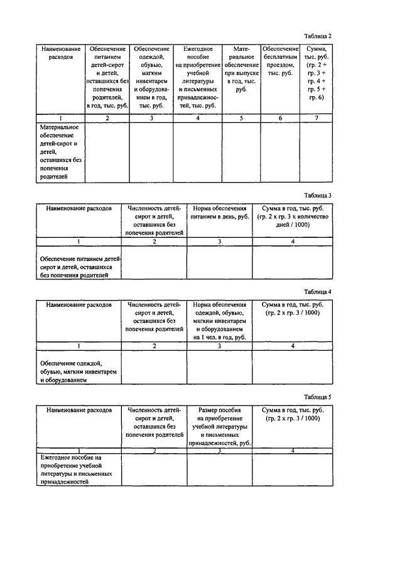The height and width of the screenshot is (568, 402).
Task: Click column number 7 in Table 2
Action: point(317,119)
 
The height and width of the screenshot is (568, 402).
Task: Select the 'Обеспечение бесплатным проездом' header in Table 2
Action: point(280,60)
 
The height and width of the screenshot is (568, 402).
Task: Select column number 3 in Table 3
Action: point(220,241)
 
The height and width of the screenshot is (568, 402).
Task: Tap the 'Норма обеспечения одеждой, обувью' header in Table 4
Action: point(220,321)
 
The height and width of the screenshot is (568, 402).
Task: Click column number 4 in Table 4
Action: point(292,346)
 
